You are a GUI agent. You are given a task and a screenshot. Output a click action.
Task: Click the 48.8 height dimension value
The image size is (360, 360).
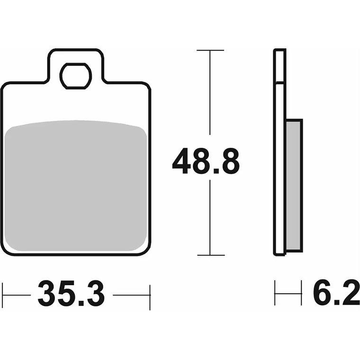pyautogui.click(x=206, y=161)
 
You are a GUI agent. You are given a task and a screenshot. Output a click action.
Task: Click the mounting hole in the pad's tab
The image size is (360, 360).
pyautogui.click(x=76, y=75)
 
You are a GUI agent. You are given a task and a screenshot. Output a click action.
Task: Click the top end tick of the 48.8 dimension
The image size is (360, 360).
pyautogui.click(x=210, y=50)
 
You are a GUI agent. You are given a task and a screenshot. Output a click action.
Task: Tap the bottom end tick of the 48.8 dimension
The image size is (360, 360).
pyautogui.click(x=210, y=255)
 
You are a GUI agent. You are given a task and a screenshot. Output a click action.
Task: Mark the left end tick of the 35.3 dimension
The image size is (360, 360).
pyautogui.click(x=3, y=296)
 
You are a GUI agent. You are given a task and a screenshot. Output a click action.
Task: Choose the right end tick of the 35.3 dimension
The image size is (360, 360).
pyautogui.click(x=150, y=296)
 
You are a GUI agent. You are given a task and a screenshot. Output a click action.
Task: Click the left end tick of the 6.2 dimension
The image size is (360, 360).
pyautogui.click(x=275, y=293)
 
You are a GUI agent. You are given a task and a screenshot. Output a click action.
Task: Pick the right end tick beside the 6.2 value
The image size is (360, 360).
pyautogui.click(x=301, y=293)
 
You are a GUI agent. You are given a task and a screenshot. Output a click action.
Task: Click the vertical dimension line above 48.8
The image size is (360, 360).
pyautogui.click(x=210, y=95)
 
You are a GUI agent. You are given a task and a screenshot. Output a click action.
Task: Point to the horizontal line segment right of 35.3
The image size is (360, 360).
pyautogui.click(x=132, y=295)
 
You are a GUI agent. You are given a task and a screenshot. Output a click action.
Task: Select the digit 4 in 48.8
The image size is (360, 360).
pyautogui.click(x=183, y=161)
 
